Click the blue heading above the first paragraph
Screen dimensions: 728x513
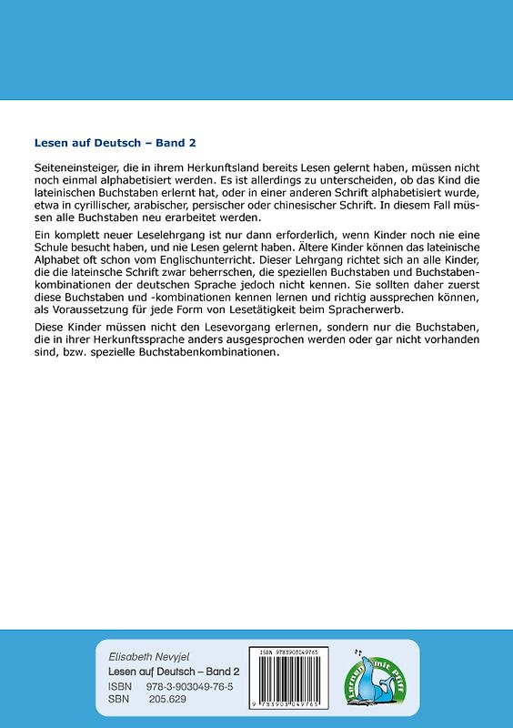tap(115, 143)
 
